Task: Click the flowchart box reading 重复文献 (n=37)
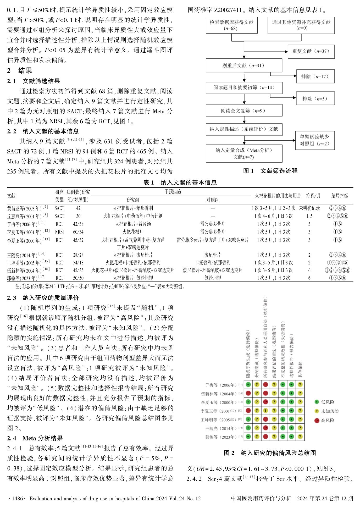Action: [311, 51]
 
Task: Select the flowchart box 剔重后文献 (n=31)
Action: [244, 65]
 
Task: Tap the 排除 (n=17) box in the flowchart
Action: [315, 76]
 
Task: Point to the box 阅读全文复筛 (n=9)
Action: [244, 111]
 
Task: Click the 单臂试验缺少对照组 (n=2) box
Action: [315, 140]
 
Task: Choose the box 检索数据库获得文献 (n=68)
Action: [231, 25]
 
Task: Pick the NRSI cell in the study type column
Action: [59, 232]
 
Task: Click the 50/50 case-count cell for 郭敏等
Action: [78, 278]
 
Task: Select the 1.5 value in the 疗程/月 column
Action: [309, 216]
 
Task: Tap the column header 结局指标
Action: [340, 196]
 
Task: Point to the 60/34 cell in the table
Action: [78, 232]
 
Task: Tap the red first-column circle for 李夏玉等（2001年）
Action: [248, 411]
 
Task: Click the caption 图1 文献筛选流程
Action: [270, 171]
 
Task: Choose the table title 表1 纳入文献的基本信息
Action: [180, 183]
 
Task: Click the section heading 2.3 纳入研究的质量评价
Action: [43, 298]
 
